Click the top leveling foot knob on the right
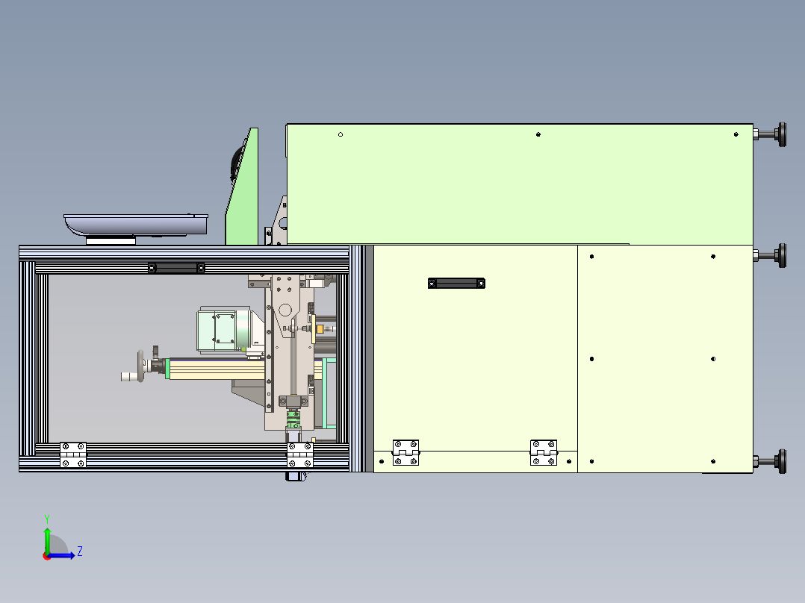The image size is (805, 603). [x=781, y=134]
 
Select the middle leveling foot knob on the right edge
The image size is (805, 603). [x=781, y=255]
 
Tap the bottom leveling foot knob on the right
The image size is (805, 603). [x=781, y=462]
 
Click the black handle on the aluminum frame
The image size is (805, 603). [x=176, y=267]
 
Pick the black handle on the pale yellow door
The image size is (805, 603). [x=456, y=283]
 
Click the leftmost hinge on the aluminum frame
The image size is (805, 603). [x=73, y=455]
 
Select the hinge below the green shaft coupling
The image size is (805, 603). [x=299, y=455]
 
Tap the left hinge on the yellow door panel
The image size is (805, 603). [x=406, y=453]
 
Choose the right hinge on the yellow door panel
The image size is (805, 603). [x=544, y=453]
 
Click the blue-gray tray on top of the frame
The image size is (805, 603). [x=134, y=223]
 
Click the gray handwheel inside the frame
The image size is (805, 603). [x=140, y=366]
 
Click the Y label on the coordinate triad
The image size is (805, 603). [x=46, y=517]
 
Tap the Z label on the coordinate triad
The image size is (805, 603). [x=79, y=552]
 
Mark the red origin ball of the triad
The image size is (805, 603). [x=46, y=555]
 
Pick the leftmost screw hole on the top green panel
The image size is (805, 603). [x=341, y=134]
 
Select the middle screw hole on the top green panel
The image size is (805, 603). [x=538, y=134]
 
